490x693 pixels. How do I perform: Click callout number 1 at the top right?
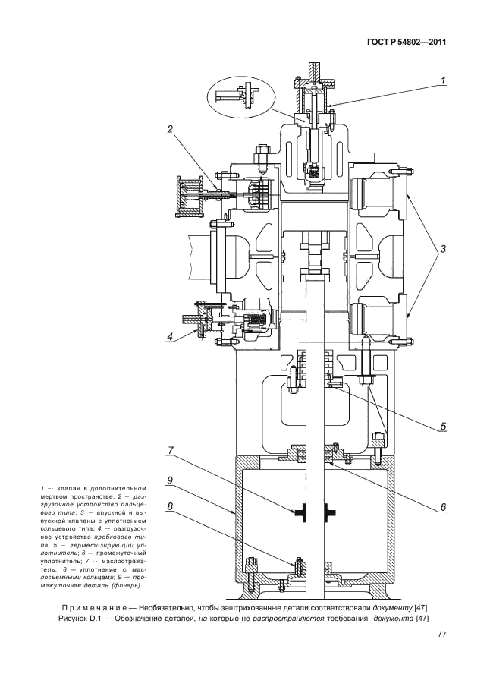443,79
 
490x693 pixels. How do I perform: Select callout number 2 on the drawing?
172,128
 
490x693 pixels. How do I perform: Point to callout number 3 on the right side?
443,249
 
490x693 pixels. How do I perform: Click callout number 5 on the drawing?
443,426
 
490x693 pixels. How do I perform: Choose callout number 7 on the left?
171,450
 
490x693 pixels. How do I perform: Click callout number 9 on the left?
171,480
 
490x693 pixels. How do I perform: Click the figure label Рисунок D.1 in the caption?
84,619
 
